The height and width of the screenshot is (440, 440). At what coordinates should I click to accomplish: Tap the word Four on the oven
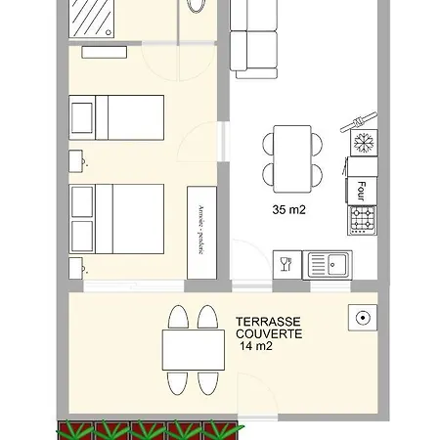(x=362, y=186)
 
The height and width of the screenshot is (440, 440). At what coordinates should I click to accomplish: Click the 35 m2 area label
(x=289, y=208)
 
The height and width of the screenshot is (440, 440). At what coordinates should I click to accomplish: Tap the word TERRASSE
(x=268, y=321)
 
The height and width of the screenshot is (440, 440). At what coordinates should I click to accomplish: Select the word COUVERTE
(x=269, y=333)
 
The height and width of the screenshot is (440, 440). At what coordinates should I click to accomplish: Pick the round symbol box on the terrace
(x=362, y=317)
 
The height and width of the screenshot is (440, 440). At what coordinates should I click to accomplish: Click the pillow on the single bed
(x=82, y=117)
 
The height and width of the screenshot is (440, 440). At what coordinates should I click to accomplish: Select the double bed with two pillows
(x=117, y=219)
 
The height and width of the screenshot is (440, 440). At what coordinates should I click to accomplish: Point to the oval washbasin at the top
(x=195, y=5)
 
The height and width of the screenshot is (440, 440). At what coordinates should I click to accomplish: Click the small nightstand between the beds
(x=75, y=158)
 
